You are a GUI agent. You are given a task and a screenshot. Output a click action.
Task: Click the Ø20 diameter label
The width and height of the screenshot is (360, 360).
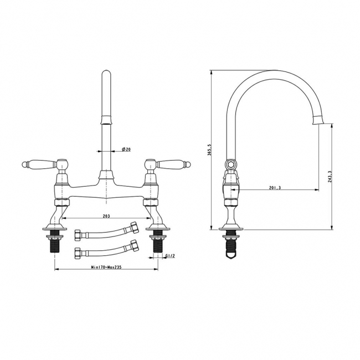[x=126, y=150]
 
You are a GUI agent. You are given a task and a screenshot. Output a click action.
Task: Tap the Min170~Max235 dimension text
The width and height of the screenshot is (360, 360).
[x=106, y=266]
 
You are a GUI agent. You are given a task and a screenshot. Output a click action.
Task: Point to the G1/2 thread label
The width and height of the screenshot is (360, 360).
[x=171, y=256]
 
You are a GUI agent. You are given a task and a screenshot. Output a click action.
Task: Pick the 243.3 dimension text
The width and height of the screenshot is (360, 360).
[x=330, y=177]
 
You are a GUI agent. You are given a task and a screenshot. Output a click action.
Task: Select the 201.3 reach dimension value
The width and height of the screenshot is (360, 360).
[x=275, y=188]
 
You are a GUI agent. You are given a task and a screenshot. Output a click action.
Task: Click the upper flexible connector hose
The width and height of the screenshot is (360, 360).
[x=106, y=232]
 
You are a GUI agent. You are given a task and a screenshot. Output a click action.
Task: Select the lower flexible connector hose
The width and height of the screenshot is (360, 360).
[x=106, y=249]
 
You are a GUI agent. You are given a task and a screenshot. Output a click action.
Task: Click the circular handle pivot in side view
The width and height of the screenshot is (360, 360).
[x=230, y=165]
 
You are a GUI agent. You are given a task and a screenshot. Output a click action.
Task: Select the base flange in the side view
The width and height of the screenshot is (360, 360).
[x=231, y=228]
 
